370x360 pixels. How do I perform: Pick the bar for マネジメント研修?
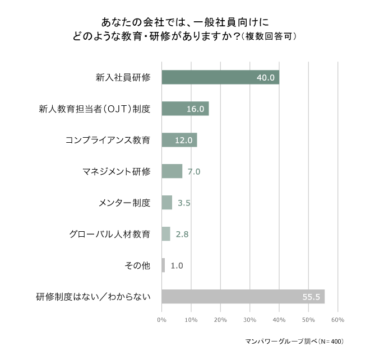[172, 171]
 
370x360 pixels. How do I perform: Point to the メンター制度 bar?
[166, 203]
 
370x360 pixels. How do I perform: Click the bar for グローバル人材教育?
[165, 234]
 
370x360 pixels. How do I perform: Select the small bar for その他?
[163, 265]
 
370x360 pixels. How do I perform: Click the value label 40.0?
[265, 77]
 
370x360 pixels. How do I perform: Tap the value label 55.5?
[310, 297]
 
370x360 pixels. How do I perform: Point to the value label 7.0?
[194, 171]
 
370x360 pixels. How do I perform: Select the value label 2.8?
[182, 234]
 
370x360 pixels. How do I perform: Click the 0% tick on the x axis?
[161, 320]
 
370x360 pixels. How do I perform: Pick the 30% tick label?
[249, 320]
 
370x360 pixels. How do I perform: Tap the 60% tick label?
[337, 320]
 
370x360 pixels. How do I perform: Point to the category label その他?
[138, 265]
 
